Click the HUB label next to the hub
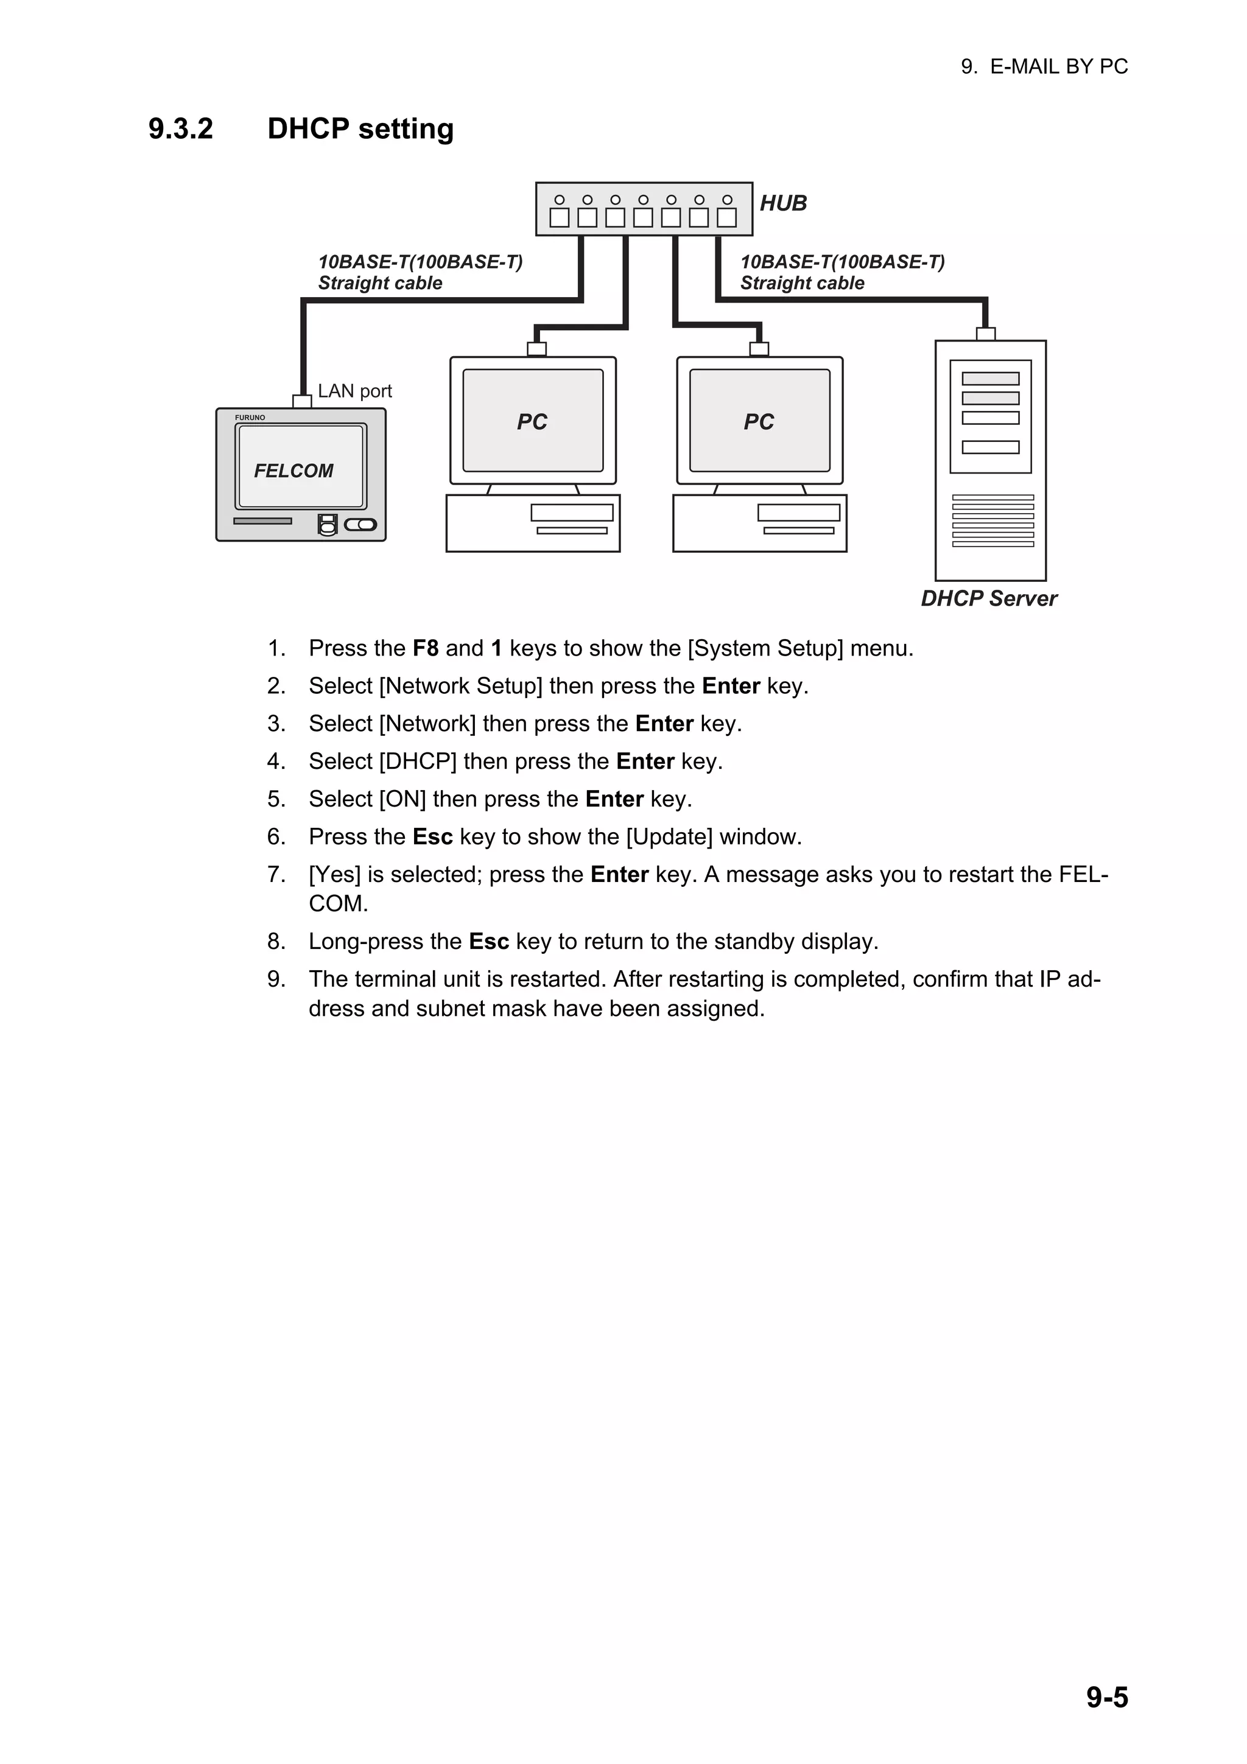tap(783, 203)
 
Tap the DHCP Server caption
tap(988, 598)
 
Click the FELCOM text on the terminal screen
tap(293, 471)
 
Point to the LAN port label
tap(354, 391)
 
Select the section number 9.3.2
tap(181, 129)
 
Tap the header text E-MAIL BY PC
tap(1058, 67)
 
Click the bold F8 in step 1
tap(425, 648)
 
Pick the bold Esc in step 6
tap(432, 837)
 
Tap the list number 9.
tap(276, 979)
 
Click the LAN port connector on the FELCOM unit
tap(302, 401)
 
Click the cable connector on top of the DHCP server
tap(985, 334)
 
